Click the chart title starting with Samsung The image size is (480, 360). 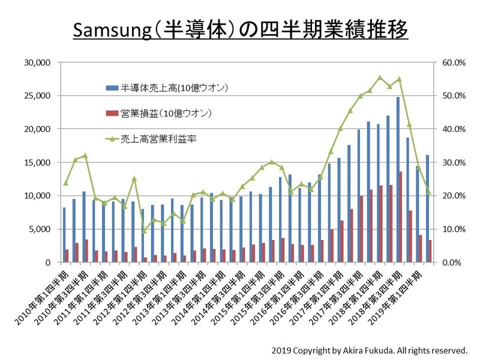pos(240,28)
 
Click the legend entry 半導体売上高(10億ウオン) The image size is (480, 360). pos(173,88)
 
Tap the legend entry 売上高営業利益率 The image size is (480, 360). pos(159,138)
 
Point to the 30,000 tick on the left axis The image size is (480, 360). pos(40,62)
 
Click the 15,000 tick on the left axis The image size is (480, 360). pos(40,163)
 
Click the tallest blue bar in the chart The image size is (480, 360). pos(397,180)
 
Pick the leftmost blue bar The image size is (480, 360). pos(64,235)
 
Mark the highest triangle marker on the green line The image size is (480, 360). pos(379,77)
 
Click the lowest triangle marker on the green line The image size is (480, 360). pos(144,230)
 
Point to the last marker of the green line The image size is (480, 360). pos(428,192)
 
